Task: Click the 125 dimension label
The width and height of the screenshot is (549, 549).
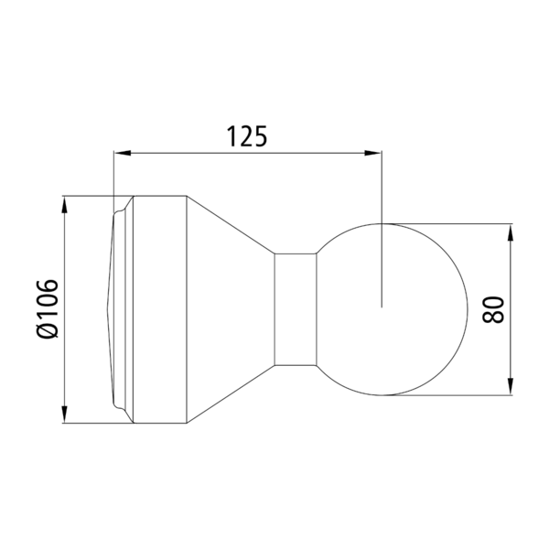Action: coord(247,135)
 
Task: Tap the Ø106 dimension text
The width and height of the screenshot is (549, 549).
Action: coord(47,309)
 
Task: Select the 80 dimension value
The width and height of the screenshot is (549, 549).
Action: coord(493,309)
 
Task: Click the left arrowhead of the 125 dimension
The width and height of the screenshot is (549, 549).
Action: coord(123,153)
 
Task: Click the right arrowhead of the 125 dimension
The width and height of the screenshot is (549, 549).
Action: coord(373,153)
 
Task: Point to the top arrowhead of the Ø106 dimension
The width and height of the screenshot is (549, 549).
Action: coord(64,205)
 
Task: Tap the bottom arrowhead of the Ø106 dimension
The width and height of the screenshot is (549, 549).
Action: coord(64,414)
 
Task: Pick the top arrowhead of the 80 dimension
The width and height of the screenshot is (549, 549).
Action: coord(511,232)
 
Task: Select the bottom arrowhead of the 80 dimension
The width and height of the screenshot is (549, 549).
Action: coord(511,386)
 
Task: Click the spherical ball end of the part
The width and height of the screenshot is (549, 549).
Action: coord(393,309)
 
